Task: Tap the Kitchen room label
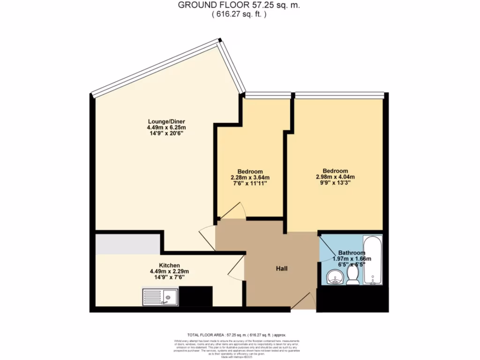[169, 265]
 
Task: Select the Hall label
[281, 269]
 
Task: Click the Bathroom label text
[352, 253]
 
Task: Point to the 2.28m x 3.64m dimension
[250, 178]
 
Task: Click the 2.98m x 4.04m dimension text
[335, 177]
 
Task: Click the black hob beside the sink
[195, 296]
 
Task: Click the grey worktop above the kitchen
[127, 244]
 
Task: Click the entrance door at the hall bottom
[303, 300]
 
